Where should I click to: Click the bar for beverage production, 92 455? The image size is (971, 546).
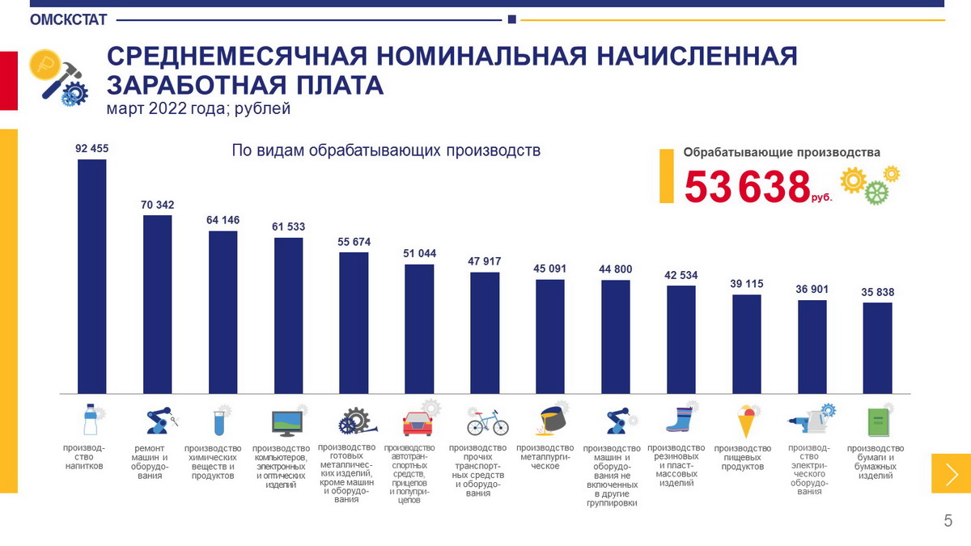[91, 275]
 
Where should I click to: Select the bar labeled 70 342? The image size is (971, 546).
[157, 303]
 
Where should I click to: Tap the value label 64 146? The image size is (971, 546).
[223, 220]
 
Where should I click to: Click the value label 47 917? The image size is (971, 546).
[485, 261]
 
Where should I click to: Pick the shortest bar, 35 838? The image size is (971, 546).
[877, 348]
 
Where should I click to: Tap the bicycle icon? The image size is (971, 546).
[487, 422]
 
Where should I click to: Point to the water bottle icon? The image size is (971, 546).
[90, 421]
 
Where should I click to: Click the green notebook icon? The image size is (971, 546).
[877, 422]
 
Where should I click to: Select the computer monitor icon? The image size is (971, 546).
[287, 422]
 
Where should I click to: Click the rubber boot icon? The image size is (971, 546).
[680, 421]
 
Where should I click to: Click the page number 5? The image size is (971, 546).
[948, 521]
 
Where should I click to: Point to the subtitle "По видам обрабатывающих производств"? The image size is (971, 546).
[386, 150]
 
